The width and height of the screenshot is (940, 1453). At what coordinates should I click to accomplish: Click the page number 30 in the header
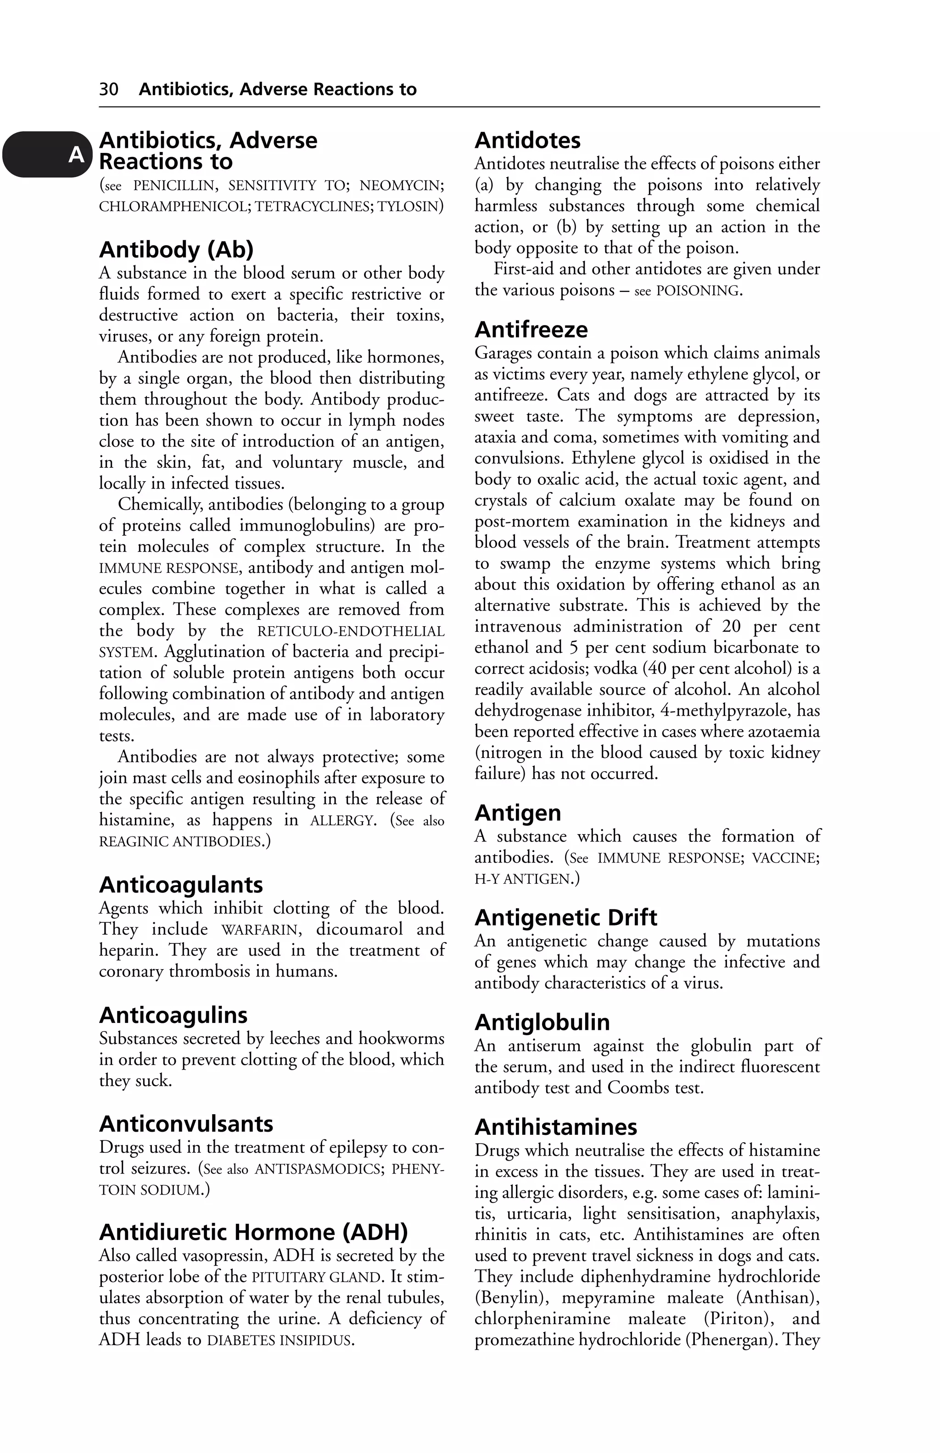[109, 90]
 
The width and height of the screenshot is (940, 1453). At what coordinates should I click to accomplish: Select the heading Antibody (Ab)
[176, 250]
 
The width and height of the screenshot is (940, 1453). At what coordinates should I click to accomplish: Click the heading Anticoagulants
[181, 885]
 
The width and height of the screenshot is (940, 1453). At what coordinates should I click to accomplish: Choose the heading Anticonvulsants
[186, 1124]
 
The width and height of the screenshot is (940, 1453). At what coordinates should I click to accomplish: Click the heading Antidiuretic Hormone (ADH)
[253, 1232]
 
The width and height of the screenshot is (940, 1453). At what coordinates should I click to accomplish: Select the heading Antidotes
[527, 140]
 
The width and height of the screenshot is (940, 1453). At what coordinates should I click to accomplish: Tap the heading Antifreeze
[531, 330]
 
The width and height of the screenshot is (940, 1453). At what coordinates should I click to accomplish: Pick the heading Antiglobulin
[542, 1022]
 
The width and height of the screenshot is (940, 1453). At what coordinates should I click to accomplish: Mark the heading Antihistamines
[555, 1127]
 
